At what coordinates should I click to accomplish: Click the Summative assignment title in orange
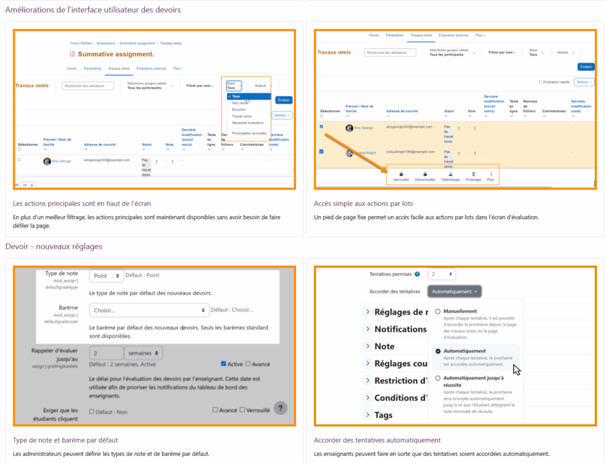coord(116,54)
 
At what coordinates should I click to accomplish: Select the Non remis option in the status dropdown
coord(240,103)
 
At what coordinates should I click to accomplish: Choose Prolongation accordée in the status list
coord(249,133)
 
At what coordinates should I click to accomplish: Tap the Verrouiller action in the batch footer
coord(401,177)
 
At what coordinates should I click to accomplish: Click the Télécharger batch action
coord(450,177)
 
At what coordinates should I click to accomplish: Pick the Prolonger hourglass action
coord(473,177)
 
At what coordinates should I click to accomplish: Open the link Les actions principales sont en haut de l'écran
coord(82,204)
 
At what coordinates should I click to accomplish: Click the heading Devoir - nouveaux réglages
coord(54,246)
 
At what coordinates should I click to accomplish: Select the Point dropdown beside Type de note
coord(107,275)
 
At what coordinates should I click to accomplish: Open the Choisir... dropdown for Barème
coord(149,310)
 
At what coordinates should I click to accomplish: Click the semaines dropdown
coord(144,353)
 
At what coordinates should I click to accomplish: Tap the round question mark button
coord(281,407)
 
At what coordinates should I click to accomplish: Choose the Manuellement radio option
coord(438,311)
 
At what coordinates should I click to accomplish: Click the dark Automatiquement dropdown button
coord(455,291)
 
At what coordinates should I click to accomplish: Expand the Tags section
coord(383,415)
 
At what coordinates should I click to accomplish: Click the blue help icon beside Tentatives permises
coord(417,275)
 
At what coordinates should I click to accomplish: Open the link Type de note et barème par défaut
coord(66,440)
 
